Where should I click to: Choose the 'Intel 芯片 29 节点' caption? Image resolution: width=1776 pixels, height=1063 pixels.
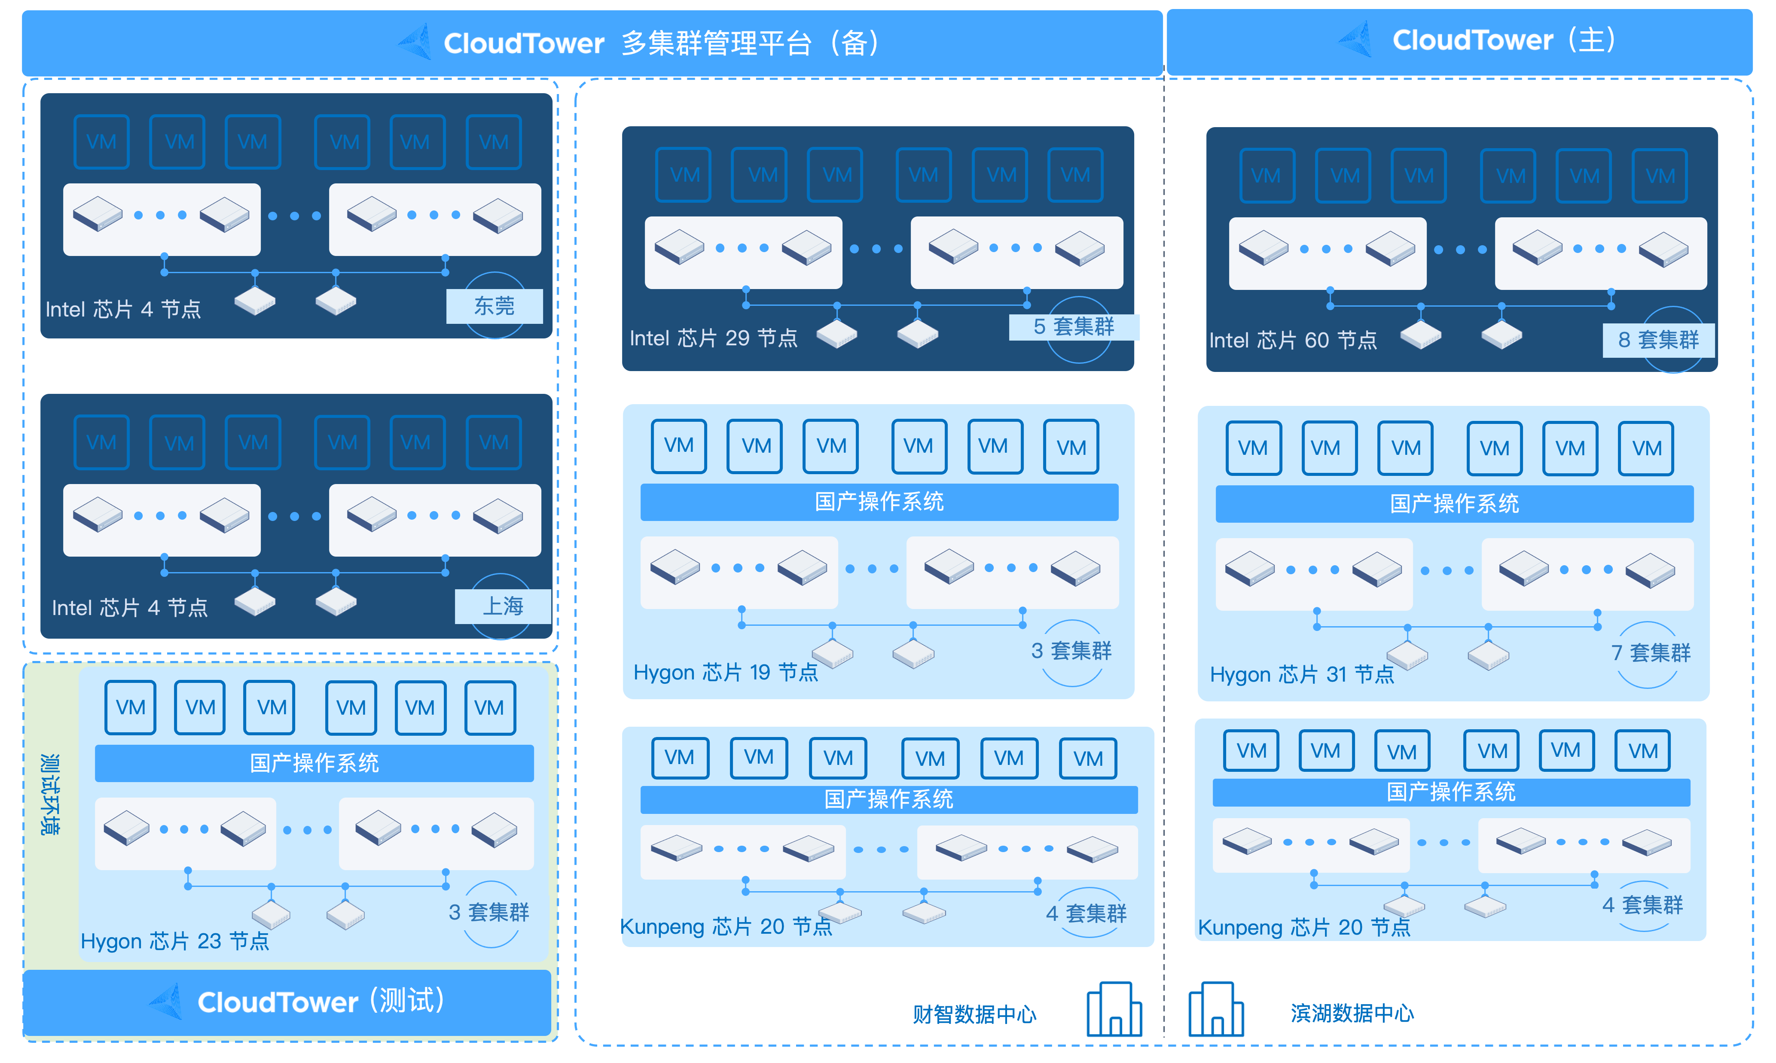pos(713,338)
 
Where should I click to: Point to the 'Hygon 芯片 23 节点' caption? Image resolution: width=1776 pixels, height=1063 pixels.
pos(175,941)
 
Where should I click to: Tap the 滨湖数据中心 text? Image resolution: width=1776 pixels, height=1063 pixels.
pos(1352,1013)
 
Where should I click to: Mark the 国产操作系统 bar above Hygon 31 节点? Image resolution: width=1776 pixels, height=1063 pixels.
pos(1454,503)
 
